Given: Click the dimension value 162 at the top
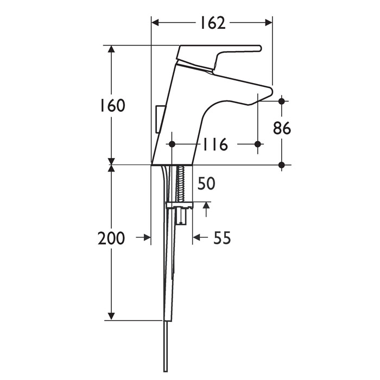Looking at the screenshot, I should pyautogui.click(x=211, y=22).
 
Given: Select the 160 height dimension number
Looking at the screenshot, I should pyautogui.click(x=112, y=105).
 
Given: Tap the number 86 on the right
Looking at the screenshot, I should pyautogui.click(x=282, y=128).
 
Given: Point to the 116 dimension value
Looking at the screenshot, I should pyautogui.click(x=215, y=145).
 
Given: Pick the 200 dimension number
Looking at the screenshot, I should pyautogui.click(x=111, y=238).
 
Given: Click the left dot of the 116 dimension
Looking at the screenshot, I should pyautogui.click(x=173, y=144).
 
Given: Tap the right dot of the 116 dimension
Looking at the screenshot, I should pyautogui.click(x=258, y=144).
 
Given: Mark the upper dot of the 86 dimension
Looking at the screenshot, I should pyautogui.click(x=282, y=101).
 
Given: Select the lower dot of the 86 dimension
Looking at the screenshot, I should pyautogui.click(x=282, y=164).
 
